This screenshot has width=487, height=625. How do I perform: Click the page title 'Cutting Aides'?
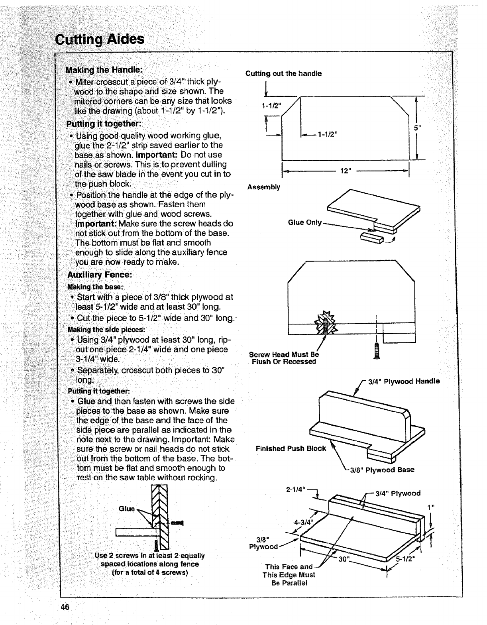(100, 39)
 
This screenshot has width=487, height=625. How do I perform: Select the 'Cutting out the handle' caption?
(283, 74)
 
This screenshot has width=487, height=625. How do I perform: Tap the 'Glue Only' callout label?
(305, 222)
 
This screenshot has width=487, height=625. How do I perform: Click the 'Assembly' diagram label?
(263, 187)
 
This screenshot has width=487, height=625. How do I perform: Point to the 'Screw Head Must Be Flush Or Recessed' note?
(284, 358)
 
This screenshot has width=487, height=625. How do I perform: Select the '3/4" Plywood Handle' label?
(404, 381)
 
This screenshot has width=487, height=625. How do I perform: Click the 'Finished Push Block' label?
(291, 448)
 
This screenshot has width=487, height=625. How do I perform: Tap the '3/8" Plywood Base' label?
(382, 470)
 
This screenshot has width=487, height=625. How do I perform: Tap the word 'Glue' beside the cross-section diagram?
(127, 509)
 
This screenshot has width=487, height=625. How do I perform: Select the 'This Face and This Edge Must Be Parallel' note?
(289, 575)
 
